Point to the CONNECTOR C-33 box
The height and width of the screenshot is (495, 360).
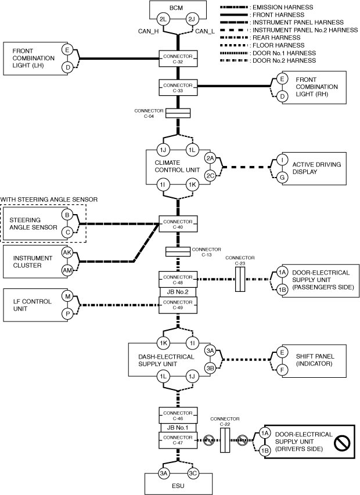click(x=178, y=89)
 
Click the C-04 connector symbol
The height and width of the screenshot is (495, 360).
click(x=178, y=113)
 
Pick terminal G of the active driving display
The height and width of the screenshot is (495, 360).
click(x=282, y=176)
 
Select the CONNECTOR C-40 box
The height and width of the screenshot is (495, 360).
click(x=178, y=223)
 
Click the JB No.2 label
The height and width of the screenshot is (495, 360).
click(x=178, y=292)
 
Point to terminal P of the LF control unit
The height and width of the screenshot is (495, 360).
click(x=67, y=314)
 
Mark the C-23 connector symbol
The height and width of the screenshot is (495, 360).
click(x=240, y=279)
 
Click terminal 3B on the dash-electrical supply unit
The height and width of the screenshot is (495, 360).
click(x=211, y=367)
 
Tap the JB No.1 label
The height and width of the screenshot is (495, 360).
click(x=178, y=428)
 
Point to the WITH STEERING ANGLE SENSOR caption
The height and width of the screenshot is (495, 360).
click(x=49, y=199)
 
